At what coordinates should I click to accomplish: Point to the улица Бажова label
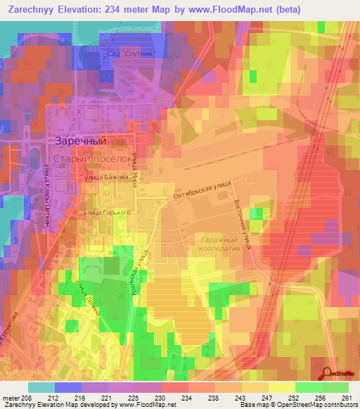107,178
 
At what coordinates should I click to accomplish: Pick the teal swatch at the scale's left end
41,387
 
